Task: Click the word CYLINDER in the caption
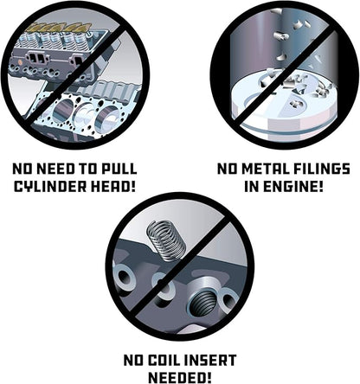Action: pyautogui.click(x=50, y=187)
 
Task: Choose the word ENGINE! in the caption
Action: pyautogui.click(x=292, y=187)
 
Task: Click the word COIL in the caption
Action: pyautogui.click(x=164, y=360)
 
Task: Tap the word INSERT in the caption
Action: pyautogui.click(x=210, y=360)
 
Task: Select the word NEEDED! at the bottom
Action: pyautogui.click(x=180, y=377)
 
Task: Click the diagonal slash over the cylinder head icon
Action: pyautogui.click(x=75, y=74)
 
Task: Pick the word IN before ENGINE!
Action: pyautogui.click(x=252, y=187)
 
